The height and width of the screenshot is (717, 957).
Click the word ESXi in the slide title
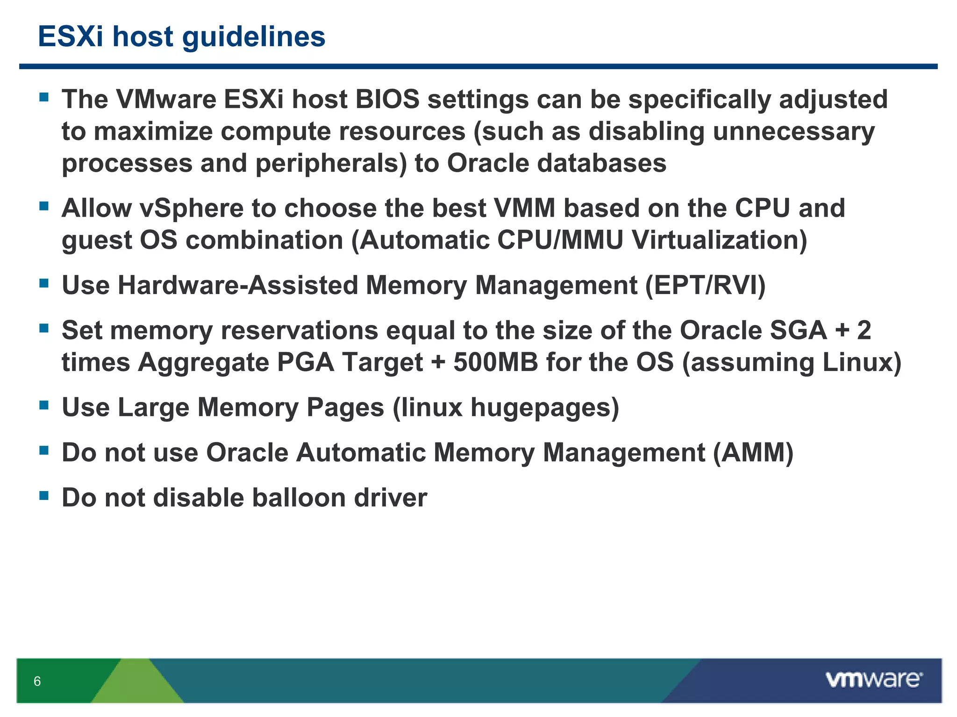pos(70,36)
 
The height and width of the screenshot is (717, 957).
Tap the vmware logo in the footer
pos(874,680)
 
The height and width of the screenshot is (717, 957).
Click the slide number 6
pos(37,681)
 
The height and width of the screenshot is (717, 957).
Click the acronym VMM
pos(525,208)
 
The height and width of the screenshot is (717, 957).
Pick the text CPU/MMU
pos(560,240)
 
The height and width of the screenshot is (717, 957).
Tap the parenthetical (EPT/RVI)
pos(705,285)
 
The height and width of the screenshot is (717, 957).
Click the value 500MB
pos(496,362)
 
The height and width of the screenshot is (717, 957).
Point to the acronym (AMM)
pos(753,453)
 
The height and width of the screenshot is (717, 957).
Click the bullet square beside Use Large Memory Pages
pos(44,405)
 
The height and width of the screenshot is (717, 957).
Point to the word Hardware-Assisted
pos(237,285)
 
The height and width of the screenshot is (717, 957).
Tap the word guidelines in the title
pos(253,36)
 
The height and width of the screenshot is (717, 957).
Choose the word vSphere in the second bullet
pos(192,208)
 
